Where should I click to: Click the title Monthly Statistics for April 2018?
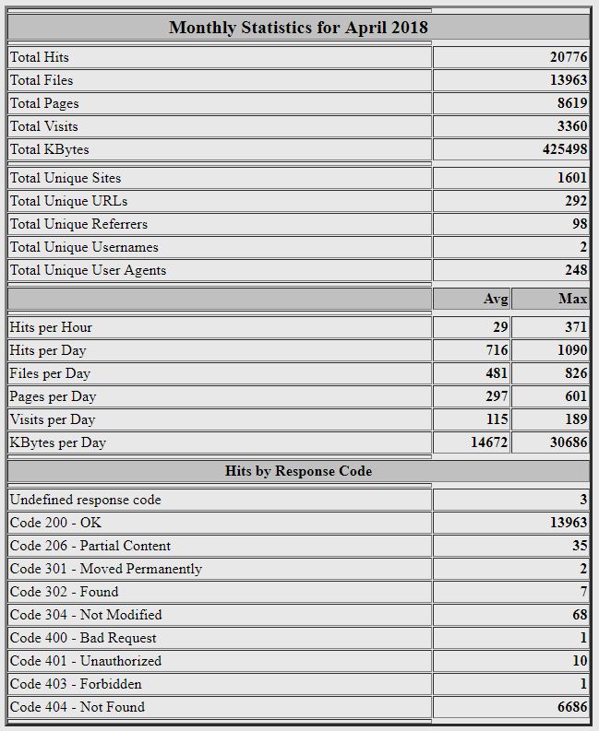pyautogui.click(x=298, y=27)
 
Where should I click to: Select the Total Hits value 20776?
pyautogui.click(x=568, y=57)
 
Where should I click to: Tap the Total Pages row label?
pyautogui.click(x=44, y=103)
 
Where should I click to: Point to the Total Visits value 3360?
pyautogui.click(x=571, y=126)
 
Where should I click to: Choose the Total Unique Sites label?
pyautogui.click(x=65, y=178)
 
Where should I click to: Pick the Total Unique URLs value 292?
pyautogui.click(x=576, y=201)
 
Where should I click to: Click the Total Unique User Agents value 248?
pyautogui.click(x=576, y=270)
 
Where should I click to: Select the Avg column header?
pyautogui.click(x=496, y=299)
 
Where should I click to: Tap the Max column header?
pyautogui.click(x=572, y=299)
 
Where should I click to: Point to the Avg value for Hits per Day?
pyautogui.click(x=497, y=350)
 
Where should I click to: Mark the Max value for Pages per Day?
pyautogui.click(x=576, y=396)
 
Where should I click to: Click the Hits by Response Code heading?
pyautogui.click(x=298, y=471)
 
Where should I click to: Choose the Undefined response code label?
pyautogui.click(x=85, y=500)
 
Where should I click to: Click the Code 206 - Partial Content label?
pyautogui.click(x=90, y=546)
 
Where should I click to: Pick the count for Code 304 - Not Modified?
pyautogui.click(x=580, y=615)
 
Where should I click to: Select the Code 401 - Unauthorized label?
pyautogui.click(x=85, y=661)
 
